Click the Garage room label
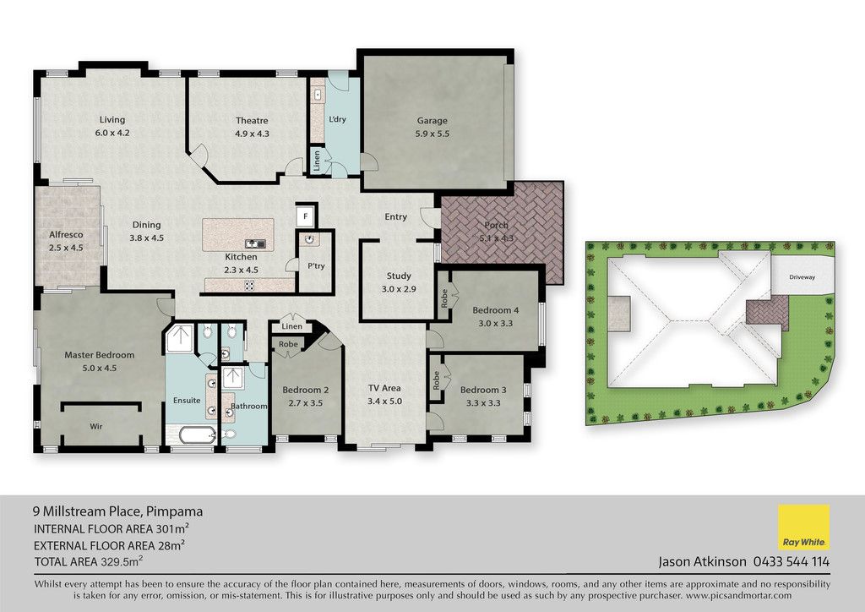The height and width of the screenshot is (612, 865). pos(432,120)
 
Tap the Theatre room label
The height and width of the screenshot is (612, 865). pos(252,120)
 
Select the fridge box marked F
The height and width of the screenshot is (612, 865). pos(306,216)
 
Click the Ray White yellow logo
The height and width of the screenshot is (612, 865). pos(803,527)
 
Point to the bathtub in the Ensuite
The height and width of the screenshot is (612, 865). pos(198,434)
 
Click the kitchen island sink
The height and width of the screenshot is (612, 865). pos(255,243)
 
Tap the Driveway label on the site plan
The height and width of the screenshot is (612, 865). pos(802,277)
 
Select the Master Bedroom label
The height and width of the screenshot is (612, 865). pos(100,355)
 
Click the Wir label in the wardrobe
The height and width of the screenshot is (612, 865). pos(96,426)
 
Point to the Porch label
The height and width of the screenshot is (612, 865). pos(496,225)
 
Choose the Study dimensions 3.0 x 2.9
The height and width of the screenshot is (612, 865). pos(399,288)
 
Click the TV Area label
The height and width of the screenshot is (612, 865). pos(384,388)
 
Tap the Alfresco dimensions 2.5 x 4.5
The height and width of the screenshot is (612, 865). pos(66,248)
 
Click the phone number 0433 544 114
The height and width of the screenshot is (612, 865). pos(791,562)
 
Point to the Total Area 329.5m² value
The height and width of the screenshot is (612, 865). pos(122,562)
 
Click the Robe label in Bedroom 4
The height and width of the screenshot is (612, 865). pos(444,298)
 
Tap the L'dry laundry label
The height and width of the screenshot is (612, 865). pos(337,119)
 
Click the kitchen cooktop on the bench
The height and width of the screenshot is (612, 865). pos(249,286)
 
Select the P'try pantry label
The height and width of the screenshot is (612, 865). pos(316,266)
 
